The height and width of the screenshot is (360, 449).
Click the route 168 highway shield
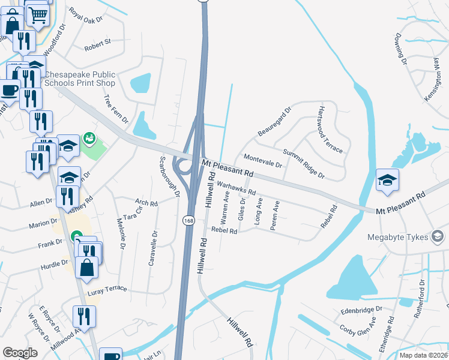(x=188, y=220)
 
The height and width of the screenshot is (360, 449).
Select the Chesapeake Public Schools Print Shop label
(x=80, y=79)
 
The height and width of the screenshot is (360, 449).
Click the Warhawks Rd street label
(x=237, y=187)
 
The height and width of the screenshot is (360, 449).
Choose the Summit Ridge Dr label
(x=304, y=164)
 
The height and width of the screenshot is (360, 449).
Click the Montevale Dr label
(x=263, y=160)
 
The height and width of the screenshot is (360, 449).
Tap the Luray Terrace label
(x=108, y=289)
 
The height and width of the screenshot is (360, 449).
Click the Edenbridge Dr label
(x=361, y=309)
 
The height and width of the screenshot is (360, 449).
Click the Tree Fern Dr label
(x=116, y=109)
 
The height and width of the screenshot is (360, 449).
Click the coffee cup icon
(x=8, y=90)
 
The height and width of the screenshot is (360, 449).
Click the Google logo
(x=20, y=352)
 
